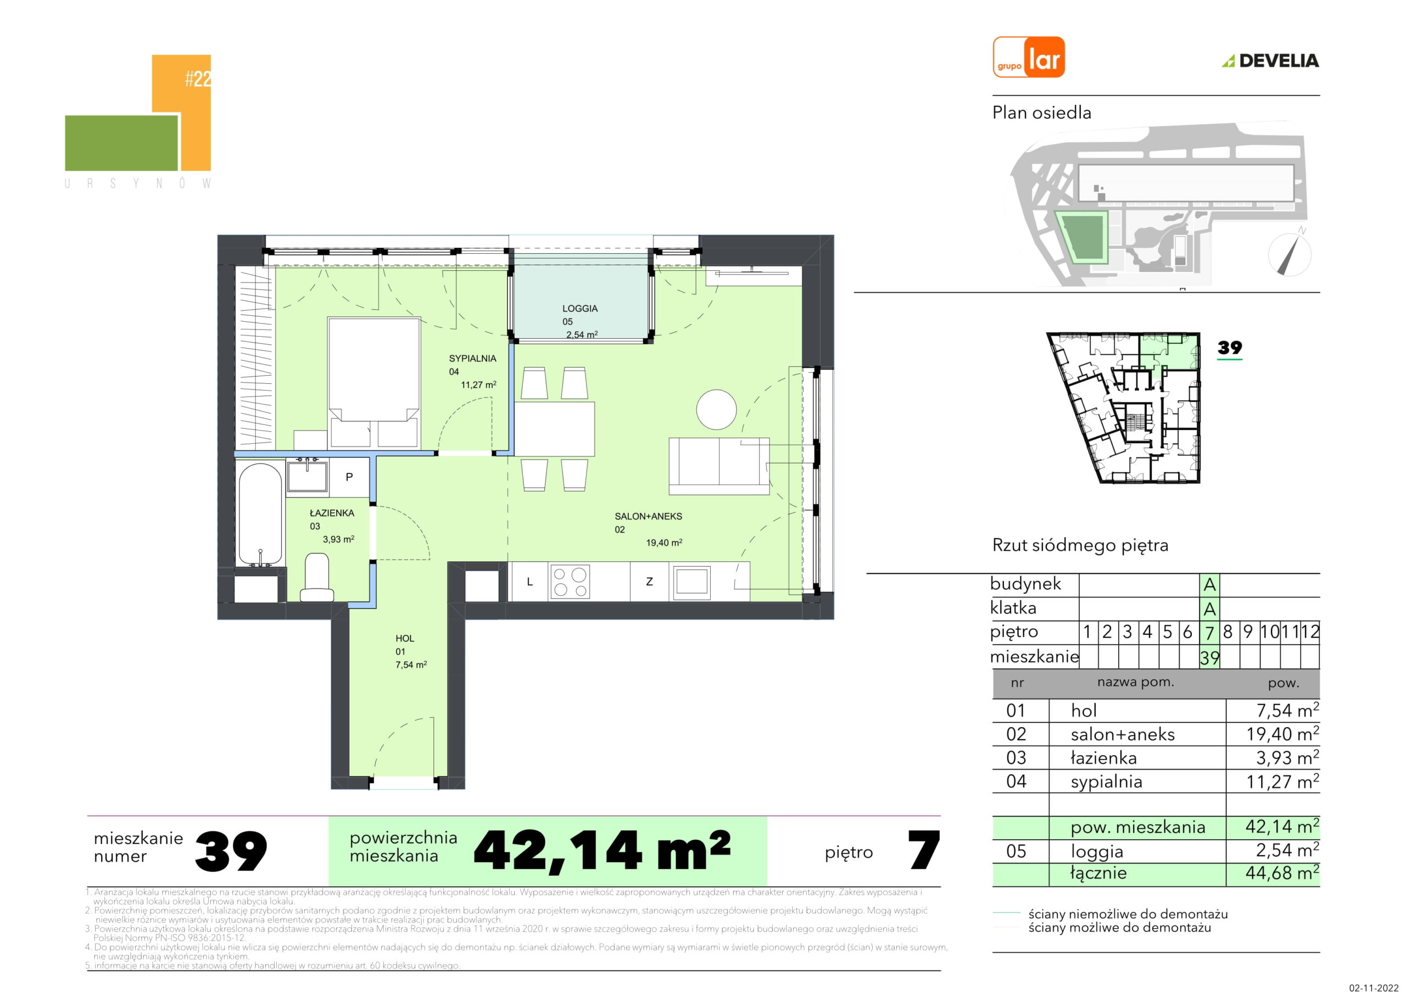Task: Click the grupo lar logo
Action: coord(1029,57)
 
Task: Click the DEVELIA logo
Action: coord(1271,60)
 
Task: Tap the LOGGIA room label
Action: coord(579,309)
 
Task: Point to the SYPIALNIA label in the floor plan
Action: coord(472,358)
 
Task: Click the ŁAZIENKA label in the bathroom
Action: coord(332,513)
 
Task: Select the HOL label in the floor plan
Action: coord(405,638)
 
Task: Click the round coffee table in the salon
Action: coord(717,410)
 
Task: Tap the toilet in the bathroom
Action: coord(316,577)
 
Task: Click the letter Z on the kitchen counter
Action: coord(649,582)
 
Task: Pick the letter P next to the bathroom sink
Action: coord(349,477)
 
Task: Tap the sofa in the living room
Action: coord(719,466)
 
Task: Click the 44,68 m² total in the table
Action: coord(1282,872)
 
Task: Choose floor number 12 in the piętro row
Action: coord(1310,632)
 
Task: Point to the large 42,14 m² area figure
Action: coord(602,851)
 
